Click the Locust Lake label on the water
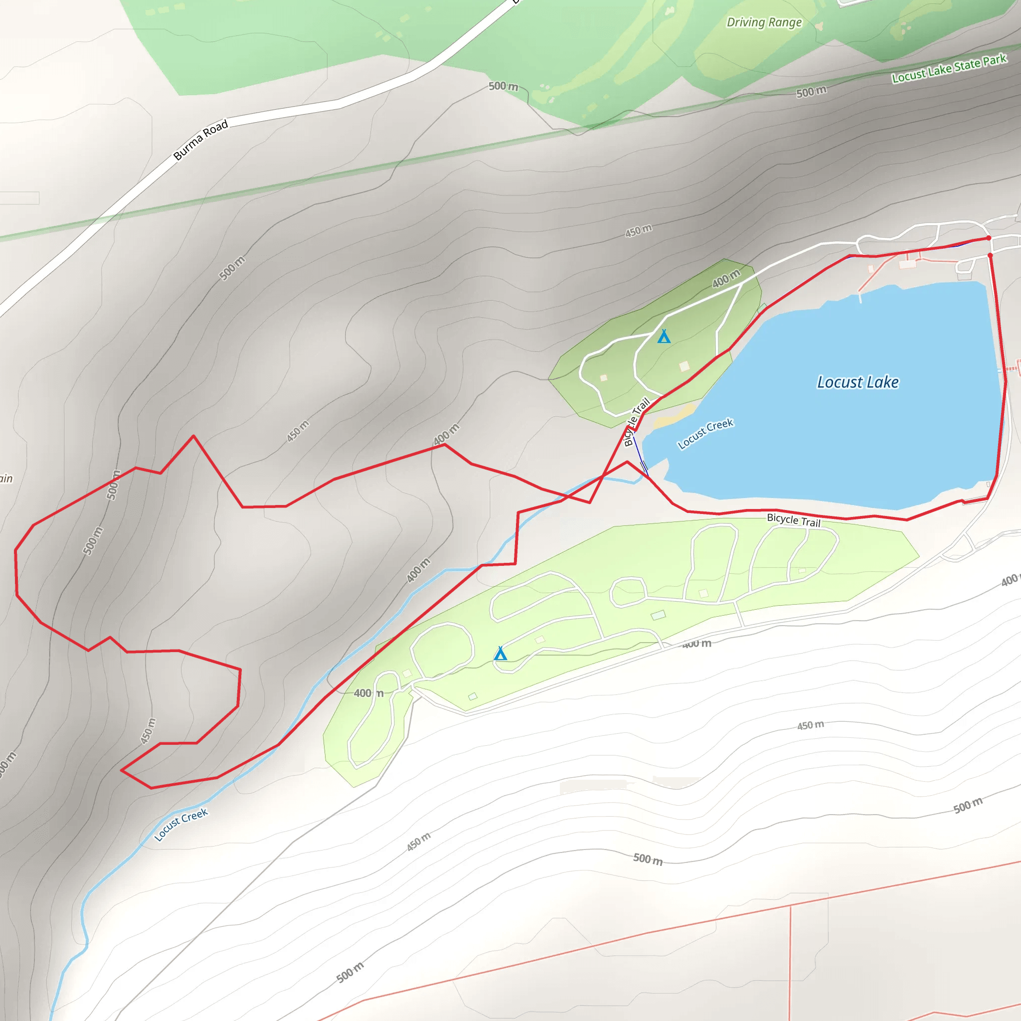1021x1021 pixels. click(857, 382)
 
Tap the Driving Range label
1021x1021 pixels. click(764, 22)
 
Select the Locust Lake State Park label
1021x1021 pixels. click(949, 69)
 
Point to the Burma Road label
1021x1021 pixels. click(201, 140)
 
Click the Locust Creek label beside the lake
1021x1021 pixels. click(705, 433)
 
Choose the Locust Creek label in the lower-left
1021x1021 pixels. click(181, 825)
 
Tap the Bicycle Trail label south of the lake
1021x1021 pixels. click(793, 520)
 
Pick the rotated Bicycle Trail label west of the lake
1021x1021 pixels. click(636, 422)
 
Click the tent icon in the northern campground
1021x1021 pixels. click(664, 337)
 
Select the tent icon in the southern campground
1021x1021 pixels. click(500, 654)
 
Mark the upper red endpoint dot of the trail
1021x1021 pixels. click(989, 238)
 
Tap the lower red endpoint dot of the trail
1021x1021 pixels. click(990, 255)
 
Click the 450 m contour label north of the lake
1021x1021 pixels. click(639, 231)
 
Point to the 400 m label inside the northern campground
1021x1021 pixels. click(726, 278)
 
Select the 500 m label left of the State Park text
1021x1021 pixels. click(811, 92)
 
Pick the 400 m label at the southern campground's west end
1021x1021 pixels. click(368, 693)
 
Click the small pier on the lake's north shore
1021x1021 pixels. click(860, 298)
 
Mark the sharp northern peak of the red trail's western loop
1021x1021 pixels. click(193, 436)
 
